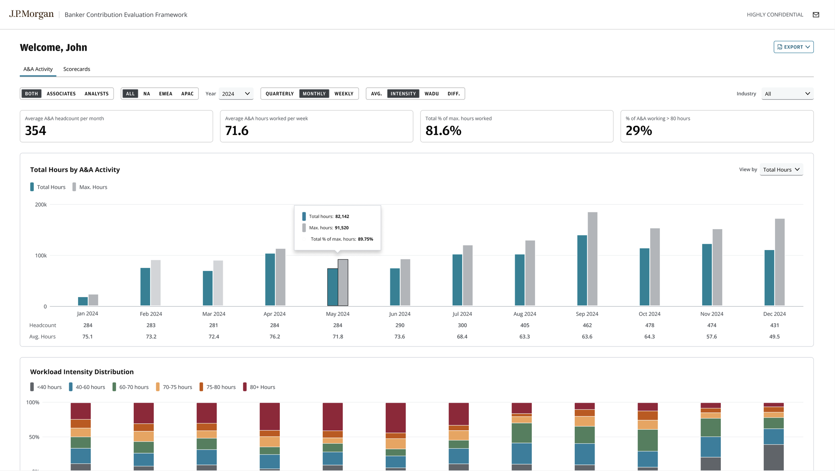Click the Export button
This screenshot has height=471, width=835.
pos(793,47)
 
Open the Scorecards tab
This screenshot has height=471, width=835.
pos(77,69)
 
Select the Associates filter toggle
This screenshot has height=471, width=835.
pos(61,94)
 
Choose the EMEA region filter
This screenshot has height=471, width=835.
pos(166,94)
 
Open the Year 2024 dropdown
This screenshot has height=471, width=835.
pos(236,94)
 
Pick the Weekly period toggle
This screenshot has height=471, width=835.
pos(344,94)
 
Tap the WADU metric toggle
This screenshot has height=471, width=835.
pos(432,94)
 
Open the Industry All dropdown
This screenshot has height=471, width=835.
pos(787,94)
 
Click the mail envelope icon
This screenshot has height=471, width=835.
pos(816,15)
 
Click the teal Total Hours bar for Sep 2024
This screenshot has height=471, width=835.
pos(582,270)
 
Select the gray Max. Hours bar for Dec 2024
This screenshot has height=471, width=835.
pos(780,262)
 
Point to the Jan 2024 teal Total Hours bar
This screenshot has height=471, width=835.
pos(83,301)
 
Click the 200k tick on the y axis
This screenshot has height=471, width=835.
pos(41,205)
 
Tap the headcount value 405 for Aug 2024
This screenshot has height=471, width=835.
pos(525,325)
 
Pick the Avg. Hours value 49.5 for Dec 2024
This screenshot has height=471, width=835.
pos(775,337)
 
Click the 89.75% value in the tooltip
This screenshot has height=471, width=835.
pos(365,239)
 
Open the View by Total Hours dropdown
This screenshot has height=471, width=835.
pos(782,169)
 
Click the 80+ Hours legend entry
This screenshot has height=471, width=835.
pos(259,387)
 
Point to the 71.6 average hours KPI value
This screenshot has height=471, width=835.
pos(237,131)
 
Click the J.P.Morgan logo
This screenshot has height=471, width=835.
pos(31,14)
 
